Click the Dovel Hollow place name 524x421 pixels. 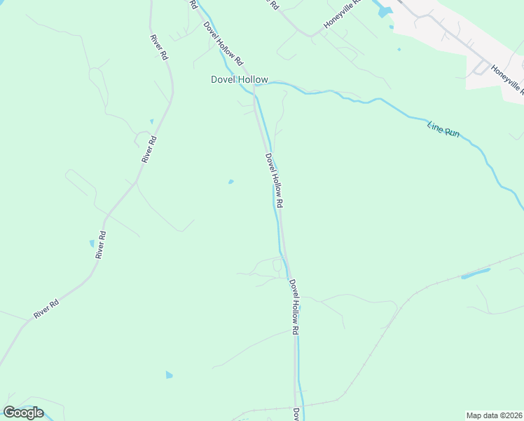(x=239, y=79)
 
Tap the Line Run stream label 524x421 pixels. (x=443, y=129)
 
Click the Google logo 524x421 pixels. (x=23, y=412)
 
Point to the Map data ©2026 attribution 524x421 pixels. (x=494, y=415)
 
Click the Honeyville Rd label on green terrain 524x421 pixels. (x=342, y=15)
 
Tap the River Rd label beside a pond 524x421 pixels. (x=101, y=245)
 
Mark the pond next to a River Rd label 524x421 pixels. (x=92, y=243)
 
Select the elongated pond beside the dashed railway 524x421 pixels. (x=475, y=273)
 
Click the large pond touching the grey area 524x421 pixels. (x=384, y=11)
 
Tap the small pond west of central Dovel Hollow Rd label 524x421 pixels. (x=230, y=182)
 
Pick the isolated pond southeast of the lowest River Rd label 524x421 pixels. (x=169, y=375)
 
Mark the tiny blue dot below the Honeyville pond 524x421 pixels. (x=399, y=49)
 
